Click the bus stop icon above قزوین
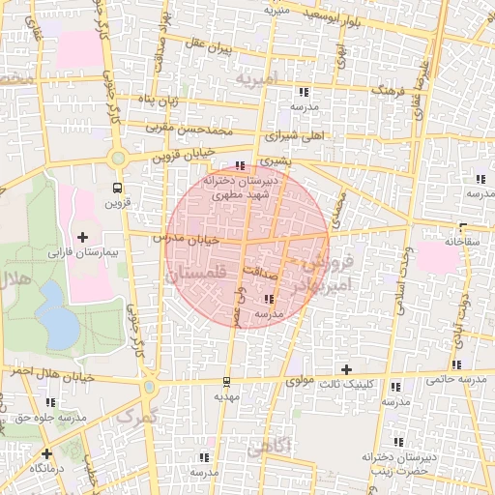[x=117, y=188]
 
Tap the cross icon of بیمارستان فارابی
[x=81, y=237]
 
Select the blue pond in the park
[x=58, y=326]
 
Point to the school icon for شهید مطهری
[x=240, y=166]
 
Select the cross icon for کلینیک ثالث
[x=347, y=369]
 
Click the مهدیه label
[x=226, y=396]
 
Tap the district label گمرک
[x=134, y=417]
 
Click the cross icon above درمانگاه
[x=45, y=452]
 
